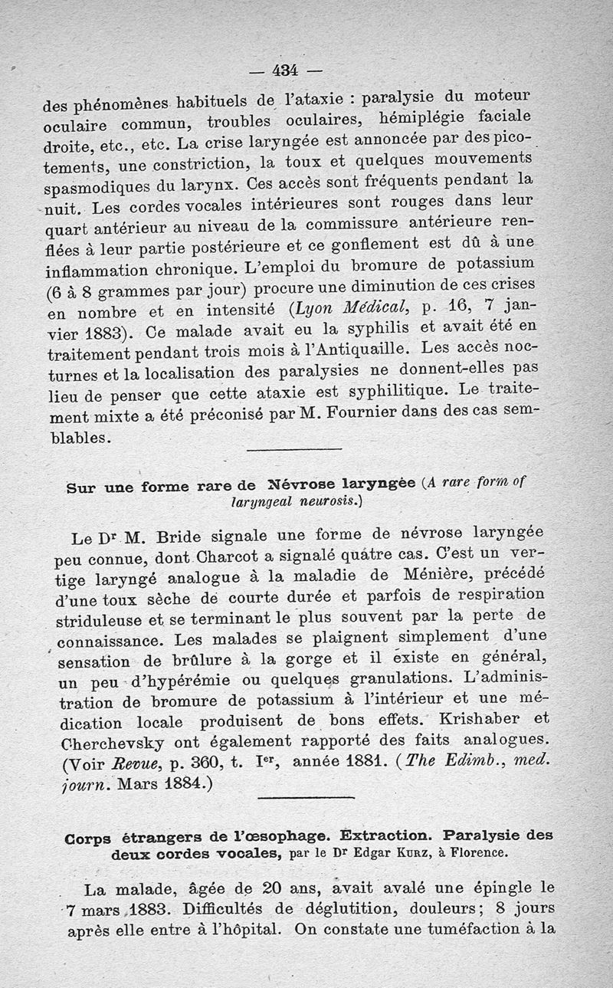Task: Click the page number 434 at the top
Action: (x=284, y=71)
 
